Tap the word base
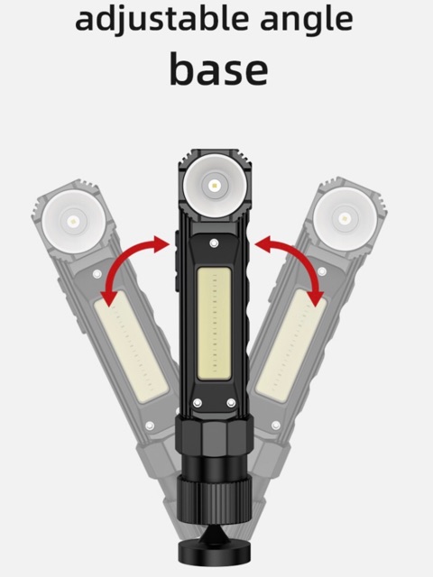(x=218, y=69)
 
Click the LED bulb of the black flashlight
(x=215, y=186)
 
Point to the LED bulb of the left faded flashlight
(x=73, y=222)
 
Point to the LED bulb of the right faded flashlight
(x=345, y=218)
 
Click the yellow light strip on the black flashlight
(x=215, y=324)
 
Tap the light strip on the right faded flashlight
(x=291, y=344)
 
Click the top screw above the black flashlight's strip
(x=214, y=243)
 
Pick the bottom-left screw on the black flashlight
(x=198, y=403)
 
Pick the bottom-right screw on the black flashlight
(x=231, y=403)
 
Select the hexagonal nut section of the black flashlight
(x=214, y=436)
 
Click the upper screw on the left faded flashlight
(x=97, y=274)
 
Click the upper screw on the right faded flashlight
(x=321, y=271)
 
